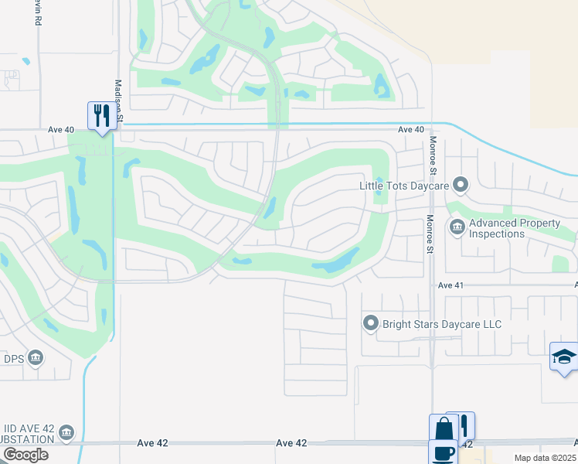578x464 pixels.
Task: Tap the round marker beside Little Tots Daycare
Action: (461, 184)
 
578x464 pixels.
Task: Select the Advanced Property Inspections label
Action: (515, 228)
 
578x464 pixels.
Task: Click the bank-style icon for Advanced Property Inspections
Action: (457, 227)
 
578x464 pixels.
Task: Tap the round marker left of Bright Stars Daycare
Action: (371, 323)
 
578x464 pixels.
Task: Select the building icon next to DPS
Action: (36, 358)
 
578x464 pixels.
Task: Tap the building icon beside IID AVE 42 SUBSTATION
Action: (66, 432)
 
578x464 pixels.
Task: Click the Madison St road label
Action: (119, 101)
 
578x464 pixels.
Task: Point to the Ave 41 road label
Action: (450, 285)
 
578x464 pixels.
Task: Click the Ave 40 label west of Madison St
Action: (61, 130)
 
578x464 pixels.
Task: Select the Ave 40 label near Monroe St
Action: (412, 130)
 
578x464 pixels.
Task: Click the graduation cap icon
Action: (564, 357)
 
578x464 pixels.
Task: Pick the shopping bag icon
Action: (444, 428)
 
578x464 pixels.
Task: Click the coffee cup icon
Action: (444, 452)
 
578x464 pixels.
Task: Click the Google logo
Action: (25, 455)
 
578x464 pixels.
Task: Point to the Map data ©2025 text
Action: (545, 458)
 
